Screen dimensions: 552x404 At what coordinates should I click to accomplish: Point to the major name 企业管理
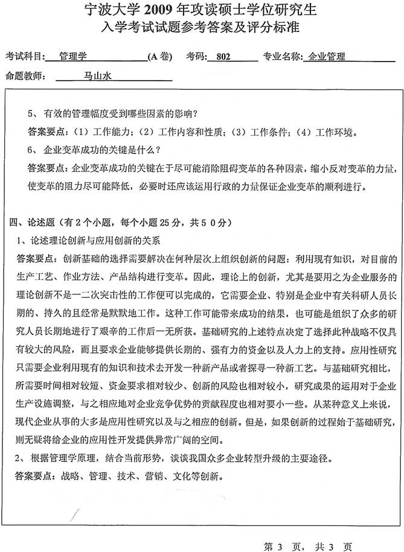(x=326, y=57)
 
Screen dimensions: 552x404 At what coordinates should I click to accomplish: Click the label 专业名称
(x=283, y=57)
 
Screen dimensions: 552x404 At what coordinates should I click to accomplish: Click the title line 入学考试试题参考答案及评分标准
(x=202, y=28)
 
